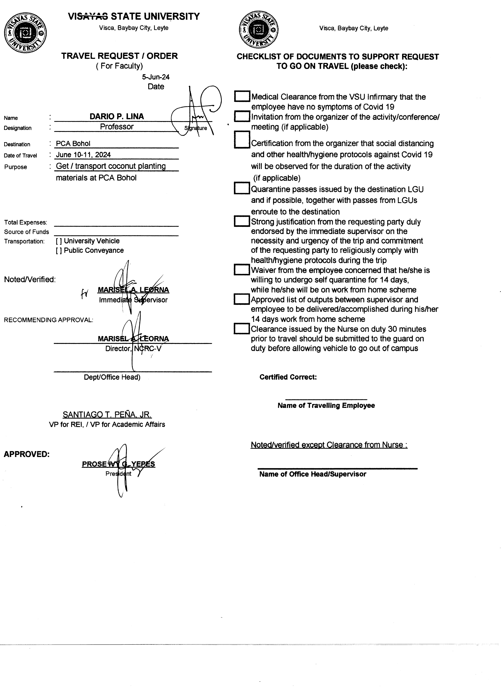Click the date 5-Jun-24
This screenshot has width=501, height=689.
156,77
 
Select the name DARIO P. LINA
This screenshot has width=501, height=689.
117,116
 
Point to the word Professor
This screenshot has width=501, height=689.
117,127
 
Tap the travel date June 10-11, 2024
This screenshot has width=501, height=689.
83,155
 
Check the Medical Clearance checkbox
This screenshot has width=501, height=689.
242,97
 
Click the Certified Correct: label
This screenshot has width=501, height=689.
288,377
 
